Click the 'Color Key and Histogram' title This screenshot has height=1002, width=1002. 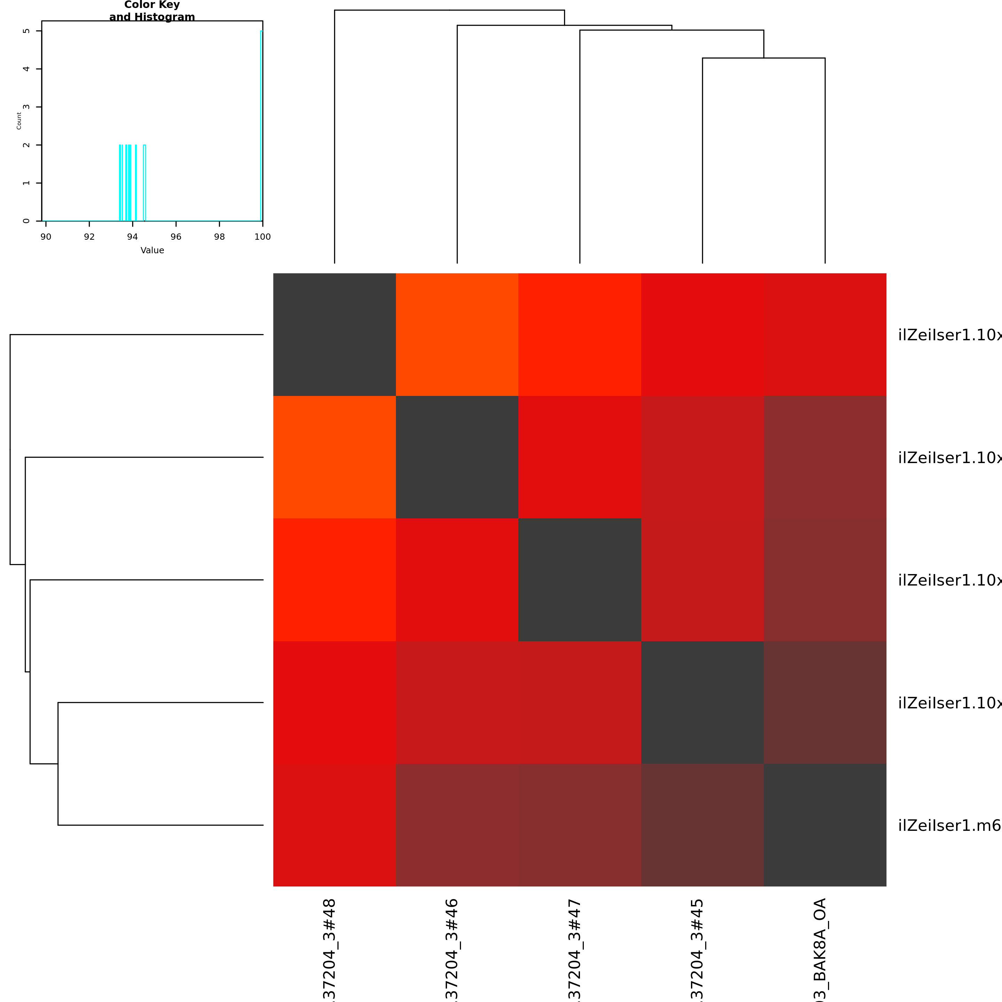point(152,11)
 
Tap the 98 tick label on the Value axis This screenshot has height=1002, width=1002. point(220,237)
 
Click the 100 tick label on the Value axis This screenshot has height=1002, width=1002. point(262,237)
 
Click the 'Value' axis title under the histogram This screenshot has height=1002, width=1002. point(152,250)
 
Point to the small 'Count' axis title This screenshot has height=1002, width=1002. point(19,120)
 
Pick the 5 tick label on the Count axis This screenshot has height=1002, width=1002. point(26,31)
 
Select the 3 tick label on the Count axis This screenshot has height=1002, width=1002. point(26,107)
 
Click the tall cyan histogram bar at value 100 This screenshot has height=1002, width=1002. point(261,125)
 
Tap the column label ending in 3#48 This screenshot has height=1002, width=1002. point(329,949)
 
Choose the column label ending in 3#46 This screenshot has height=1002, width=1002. point(452,949)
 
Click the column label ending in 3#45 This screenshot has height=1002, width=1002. point(697,949)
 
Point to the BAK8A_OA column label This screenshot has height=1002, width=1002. point(819,949)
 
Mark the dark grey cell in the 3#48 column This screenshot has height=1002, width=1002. point(334,334)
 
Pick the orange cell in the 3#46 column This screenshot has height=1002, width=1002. point(457,334)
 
